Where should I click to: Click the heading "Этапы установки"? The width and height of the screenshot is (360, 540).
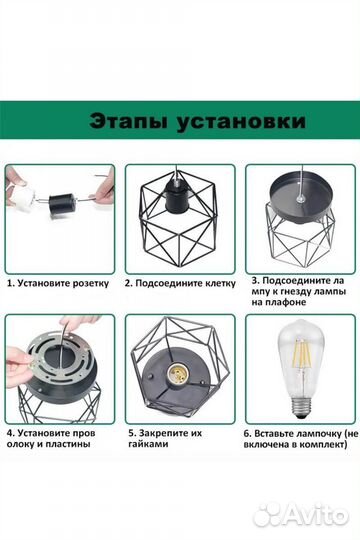click(180, 122)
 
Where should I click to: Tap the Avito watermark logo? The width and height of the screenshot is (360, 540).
click(300, 514)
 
